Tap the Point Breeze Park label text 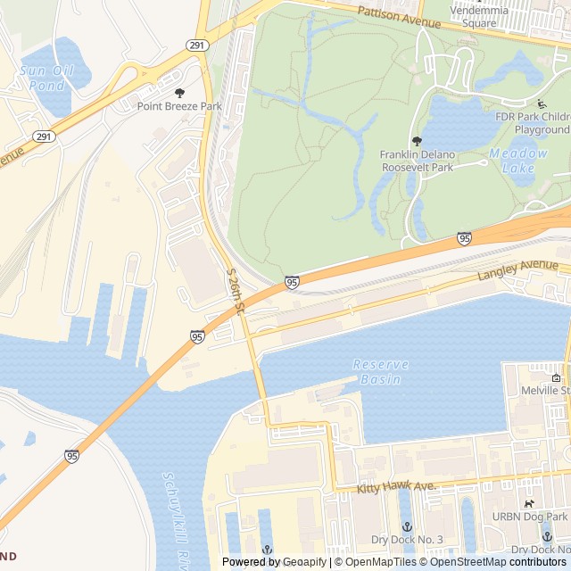point(179,106)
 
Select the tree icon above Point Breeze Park point(179,93)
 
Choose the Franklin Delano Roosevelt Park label point(418,161)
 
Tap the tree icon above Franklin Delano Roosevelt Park point(417,141)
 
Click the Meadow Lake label point(518,160)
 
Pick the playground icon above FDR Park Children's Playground point(541,104)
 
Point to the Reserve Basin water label point(381,371)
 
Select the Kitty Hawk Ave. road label point(396,486)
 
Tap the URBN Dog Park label point(530,517)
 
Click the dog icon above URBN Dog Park point(529,504)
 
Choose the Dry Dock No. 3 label point(408,540)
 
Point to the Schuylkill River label point(175,522)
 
